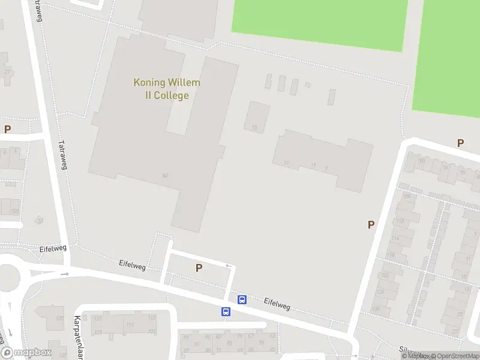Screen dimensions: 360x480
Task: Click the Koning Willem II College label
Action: tap(167, 89)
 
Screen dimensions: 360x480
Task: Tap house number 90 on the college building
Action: tap(164, 175)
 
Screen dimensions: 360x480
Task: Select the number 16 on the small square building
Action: tap(254, 127)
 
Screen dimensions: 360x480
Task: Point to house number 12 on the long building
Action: tap(286, 163)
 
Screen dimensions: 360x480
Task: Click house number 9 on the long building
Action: tap(326, 169)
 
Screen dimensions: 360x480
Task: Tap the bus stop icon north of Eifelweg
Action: tap(242, 299)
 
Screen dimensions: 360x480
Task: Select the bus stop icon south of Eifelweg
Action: tap(226, 311)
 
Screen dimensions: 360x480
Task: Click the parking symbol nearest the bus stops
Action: tap(199, 268)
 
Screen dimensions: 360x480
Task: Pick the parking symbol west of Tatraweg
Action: tap(7, 129)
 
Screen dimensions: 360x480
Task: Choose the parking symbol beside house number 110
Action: tap(371, 224)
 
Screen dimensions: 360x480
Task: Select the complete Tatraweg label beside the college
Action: tap(62, 154)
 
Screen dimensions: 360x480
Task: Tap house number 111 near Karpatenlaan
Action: tap(130, 325)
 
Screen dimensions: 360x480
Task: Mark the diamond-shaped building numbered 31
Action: tap(40, 221)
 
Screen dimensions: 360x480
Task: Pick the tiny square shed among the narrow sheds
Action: tap(308, 85)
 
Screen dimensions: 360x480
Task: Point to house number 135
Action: tap(59, 319)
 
